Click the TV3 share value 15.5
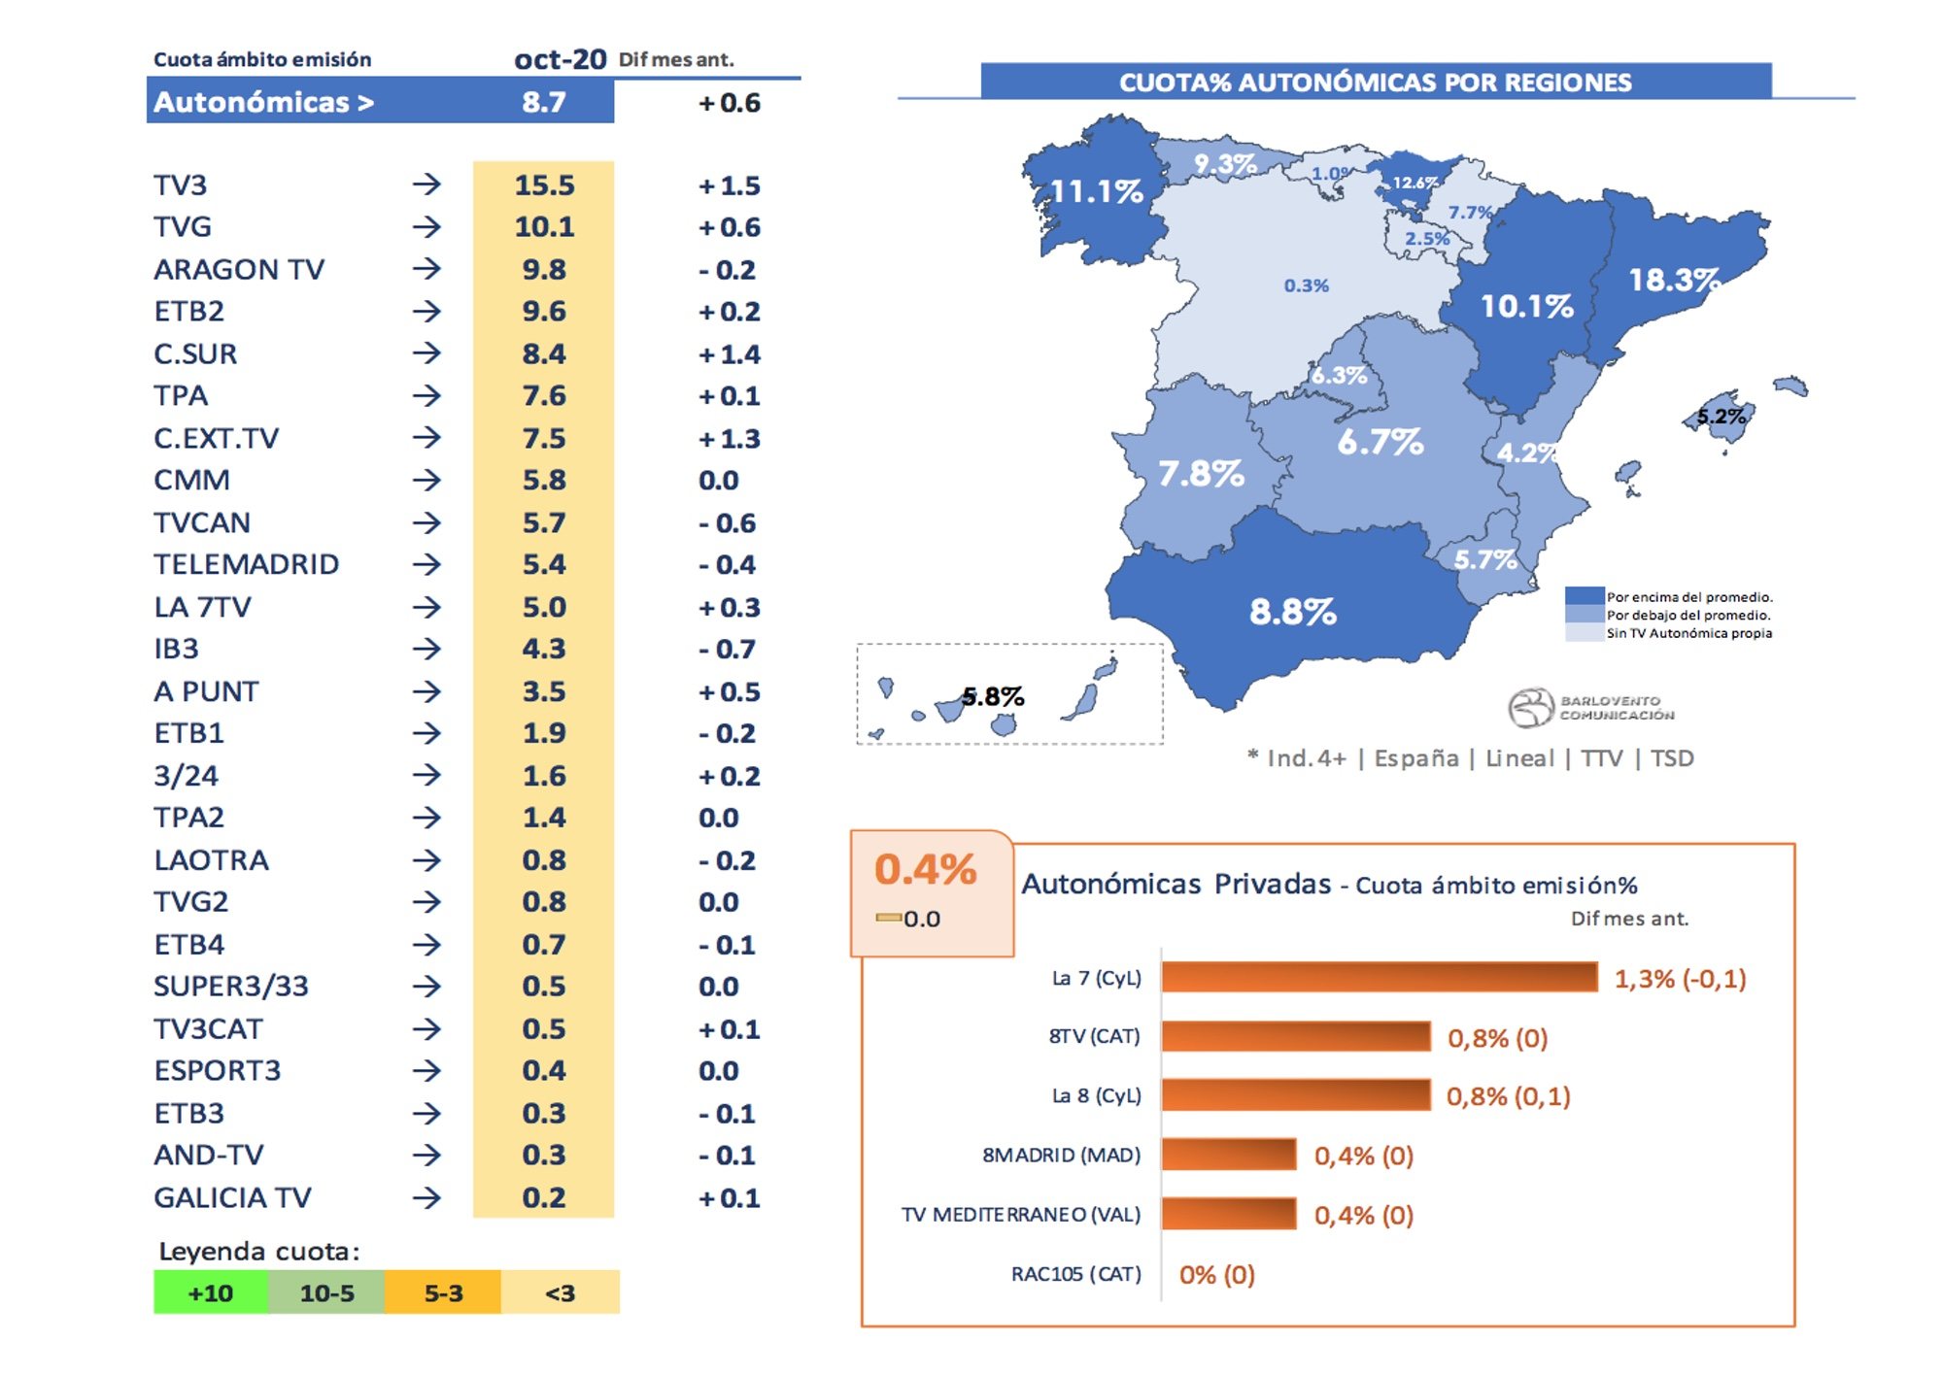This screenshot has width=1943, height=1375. tap(544, 184)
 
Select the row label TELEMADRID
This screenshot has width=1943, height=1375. tap(246, 564)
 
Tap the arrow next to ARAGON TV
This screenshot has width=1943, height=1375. tap(426, 269)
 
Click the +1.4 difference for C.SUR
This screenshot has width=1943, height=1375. tap(729, 354)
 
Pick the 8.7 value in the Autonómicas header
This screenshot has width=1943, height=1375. tap(543, 102)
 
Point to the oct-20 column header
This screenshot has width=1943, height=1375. tap(560, 59)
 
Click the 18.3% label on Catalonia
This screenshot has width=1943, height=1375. tap(1674, 281)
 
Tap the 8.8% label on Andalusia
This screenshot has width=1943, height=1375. tap(1292, 612)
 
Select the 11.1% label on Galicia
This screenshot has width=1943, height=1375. tap(1097, 191)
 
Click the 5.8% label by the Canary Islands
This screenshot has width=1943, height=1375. tap(993, 696)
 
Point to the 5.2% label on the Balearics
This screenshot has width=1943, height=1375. tap(1721, 418)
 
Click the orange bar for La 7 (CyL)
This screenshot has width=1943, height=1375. tap(1379, 977)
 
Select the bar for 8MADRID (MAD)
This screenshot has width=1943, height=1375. tap(1228, 1155)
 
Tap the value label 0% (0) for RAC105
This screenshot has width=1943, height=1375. tap(1216, 1274)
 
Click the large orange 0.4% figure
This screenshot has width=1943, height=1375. tap(925, 869)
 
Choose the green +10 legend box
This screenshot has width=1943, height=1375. tap(210, 1292)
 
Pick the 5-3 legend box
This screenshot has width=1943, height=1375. tap(443, 1292)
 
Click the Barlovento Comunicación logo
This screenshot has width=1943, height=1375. tap(1590, 708)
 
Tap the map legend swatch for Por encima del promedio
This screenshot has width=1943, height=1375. tap(1584, 596)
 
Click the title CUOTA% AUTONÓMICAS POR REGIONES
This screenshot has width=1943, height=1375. tap(1375, 83)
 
